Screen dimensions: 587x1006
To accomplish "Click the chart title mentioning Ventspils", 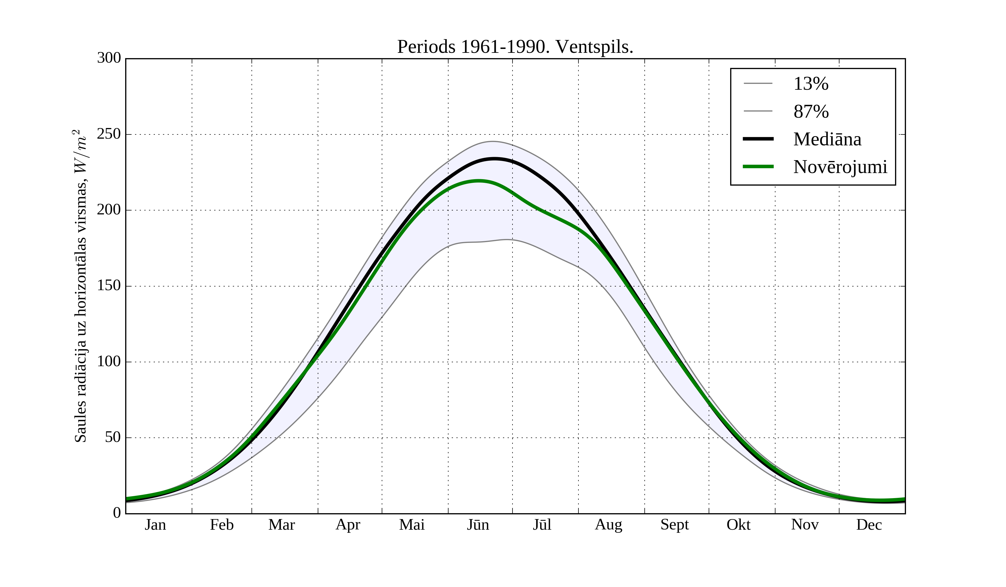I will coord(515,47).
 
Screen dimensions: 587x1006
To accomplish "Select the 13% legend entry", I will coord(810,84).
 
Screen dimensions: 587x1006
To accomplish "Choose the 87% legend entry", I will coord(811,112).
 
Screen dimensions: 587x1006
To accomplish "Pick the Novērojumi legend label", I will coord(840,167).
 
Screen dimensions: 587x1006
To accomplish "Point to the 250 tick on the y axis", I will coord(109,134).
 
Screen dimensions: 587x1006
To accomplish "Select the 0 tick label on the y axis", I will coord(117,513).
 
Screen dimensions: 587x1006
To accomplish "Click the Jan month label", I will coord(155,525).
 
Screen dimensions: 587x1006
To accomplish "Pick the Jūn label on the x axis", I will coord(478,525).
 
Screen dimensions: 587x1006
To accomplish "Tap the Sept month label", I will coord(674,525).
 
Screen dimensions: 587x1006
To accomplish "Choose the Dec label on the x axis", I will coord(869,525).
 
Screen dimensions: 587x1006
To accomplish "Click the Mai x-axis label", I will coord(412,525).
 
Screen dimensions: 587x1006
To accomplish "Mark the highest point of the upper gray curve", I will coord(493,141).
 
